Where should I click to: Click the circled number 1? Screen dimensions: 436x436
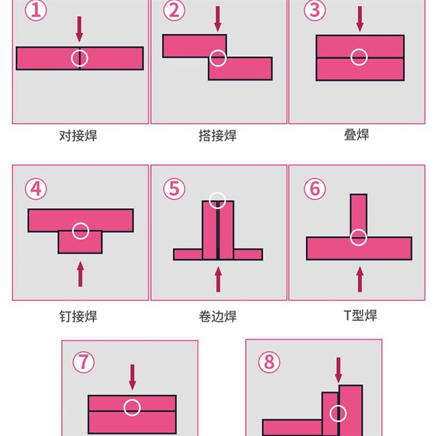click(35, 10)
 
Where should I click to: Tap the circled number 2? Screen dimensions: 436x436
click(174, 10)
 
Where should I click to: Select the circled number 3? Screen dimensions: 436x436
click(314, 10)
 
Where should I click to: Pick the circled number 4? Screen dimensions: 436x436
click(35, 189)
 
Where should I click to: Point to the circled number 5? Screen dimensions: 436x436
click(174, 189)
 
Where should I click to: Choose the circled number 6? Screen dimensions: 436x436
click(314, 189)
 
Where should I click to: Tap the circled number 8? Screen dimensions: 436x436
click(268, 362)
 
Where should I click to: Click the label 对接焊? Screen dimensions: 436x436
click(78, 136)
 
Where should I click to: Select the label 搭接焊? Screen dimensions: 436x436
click(217, 136)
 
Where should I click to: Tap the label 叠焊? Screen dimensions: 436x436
click(356, 135)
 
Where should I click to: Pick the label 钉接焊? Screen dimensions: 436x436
click(78, 316)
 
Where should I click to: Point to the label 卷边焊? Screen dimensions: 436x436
click(217, 316)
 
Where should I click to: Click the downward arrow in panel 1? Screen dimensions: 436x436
click(80, 28)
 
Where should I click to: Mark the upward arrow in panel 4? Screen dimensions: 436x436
click(81, 274)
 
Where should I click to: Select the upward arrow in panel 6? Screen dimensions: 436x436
click(360, 278)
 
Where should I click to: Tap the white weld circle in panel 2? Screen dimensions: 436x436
click(218, 58)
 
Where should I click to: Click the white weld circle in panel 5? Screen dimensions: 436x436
click(217, 200)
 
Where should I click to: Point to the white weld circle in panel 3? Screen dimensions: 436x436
click(359, 57)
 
